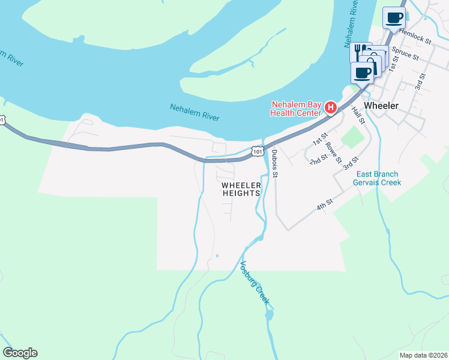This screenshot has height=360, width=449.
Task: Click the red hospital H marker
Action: click(x=330, y=108)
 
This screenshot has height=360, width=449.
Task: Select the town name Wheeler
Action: click(x=382, y=105)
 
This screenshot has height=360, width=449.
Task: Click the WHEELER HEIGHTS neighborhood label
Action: click(x=241, y=189)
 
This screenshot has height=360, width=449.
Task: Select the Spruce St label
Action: click(x=405, y=53)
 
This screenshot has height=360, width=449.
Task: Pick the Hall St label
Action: click(x=358, y=115)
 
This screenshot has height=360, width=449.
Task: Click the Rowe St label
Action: click(x=333, y=154)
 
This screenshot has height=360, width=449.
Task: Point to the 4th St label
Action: click(x=325, y=206)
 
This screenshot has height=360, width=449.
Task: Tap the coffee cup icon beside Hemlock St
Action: click(x=394, y=19)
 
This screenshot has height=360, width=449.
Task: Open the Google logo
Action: click(x=20, y=353)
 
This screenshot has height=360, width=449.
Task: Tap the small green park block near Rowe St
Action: click(x=352, y=139)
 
